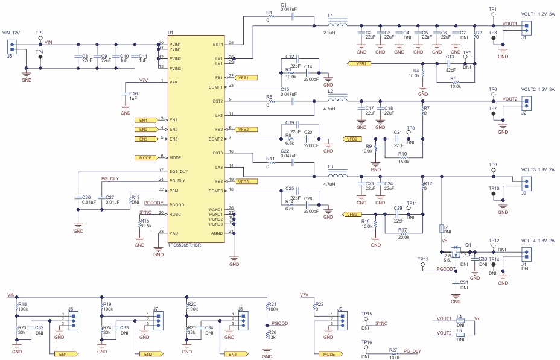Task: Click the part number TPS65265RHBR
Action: click(184, 245)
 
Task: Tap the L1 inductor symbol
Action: click(338, 25)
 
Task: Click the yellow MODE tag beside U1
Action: click(145, 158)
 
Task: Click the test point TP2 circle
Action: click(40, 37)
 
